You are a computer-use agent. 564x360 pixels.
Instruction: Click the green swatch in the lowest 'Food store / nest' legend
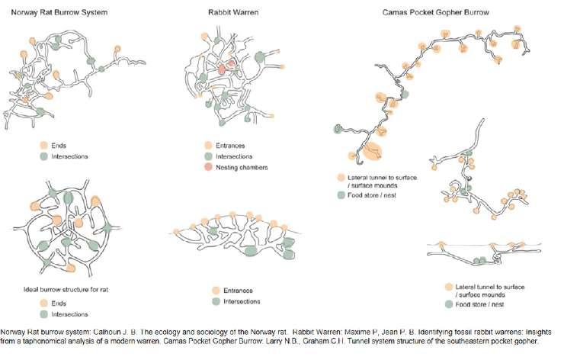click(x=449, y=304)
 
